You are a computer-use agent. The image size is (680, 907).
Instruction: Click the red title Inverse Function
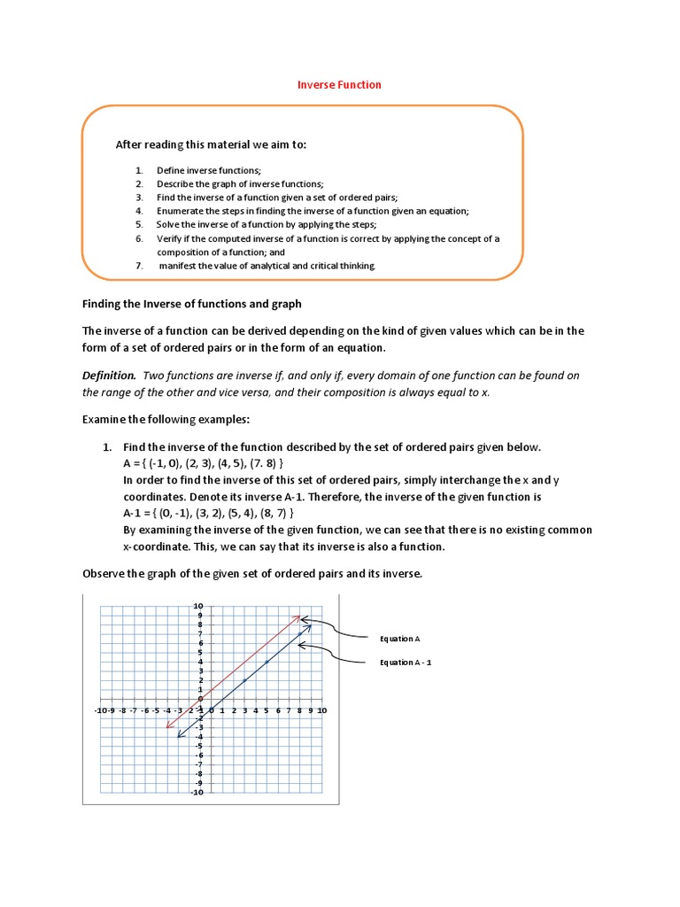click(339, 85)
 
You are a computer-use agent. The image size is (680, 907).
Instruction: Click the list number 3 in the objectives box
click(139, 198)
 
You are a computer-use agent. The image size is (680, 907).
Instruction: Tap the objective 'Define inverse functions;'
click(209, 170)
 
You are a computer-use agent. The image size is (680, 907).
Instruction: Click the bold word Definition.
click(109, 376)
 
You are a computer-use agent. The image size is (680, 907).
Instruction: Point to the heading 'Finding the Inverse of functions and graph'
click(192, 304)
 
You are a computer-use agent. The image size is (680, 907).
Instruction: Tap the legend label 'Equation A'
click(399, 638)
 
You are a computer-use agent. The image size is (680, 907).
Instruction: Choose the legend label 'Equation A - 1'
click(406, 662)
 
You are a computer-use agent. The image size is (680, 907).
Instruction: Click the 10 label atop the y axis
click(198, 606)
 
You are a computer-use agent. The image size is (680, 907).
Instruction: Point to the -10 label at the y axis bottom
click(197, 792)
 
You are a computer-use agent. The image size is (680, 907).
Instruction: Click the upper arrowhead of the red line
click(298, 616)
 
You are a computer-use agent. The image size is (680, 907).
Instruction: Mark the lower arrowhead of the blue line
click(179, 735)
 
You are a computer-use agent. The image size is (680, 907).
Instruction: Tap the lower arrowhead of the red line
click(167, 727)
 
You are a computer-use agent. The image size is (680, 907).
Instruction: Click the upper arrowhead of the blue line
click(309, 626)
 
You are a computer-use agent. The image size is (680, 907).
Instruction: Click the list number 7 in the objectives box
click(139, 265)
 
